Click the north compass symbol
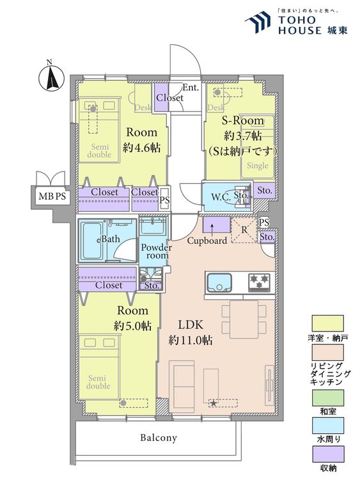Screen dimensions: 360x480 [x=51, y=77]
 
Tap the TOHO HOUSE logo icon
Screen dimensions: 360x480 [x=258, y=22]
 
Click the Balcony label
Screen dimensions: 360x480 [x=159, y=438]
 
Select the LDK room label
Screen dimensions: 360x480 [x=191, y=324]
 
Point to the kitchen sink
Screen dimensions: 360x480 [x=219, y=282]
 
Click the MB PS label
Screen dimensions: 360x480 [x=52, y=196]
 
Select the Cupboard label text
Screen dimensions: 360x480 [x=207, y=241]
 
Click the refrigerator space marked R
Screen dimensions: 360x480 [x=244, y=230]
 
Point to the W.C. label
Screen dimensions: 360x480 [x=221, y=197]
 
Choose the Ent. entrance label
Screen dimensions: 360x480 [x=191, y=88]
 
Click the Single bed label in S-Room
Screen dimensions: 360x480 [x=258, y=166]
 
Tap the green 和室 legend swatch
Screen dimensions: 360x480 [x=327, y=397]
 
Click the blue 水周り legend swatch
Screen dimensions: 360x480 [x=327, y=426]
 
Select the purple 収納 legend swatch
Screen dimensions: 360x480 [x=327, y=454]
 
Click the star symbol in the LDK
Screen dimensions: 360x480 [x=214, y=403]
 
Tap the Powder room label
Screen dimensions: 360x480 [x=156, y=252]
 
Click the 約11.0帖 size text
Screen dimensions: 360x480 [x=191, y=340]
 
